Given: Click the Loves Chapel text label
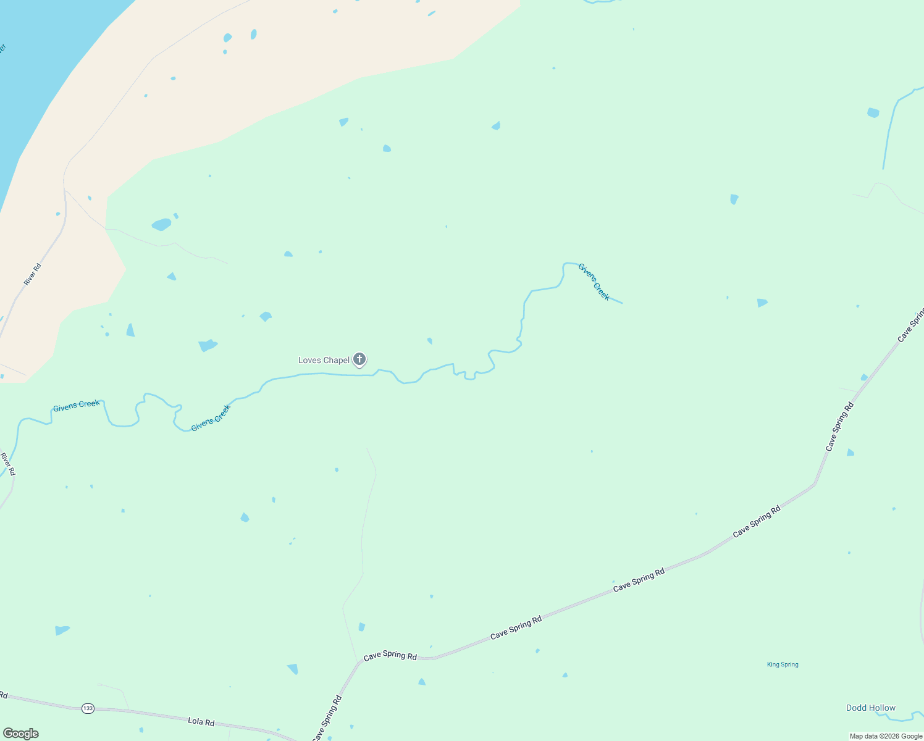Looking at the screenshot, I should [x=324, y=360].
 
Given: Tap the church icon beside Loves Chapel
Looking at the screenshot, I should [x=359, y=359].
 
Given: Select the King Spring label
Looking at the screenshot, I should [x=783, y=664].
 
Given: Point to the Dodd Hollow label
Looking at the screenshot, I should [x=870, y=708].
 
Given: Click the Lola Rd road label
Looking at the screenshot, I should [x=201, y=721].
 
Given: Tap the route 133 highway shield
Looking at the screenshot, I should [x=88, y=708].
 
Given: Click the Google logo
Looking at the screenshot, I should [x=21, y=734].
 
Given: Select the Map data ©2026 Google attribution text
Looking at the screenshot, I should [x=886, y=736].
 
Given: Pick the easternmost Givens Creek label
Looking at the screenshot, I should [x=594, y=282].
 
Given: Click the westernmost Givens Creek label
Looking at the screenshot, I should [x=76, y=406].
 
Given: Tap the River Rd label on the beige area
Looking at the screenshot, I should [x=33, y=274].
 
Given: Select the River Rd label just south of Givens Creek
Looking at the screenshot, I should [x=8, y=464].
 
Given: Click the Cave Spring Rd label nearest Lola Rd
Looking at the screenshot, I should [x=327, y=719].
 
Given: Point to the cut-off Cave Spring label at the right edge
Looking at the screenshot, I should [x=910, y=326].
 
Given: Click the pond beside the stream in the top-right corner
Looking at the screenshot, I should [x=873, y=112].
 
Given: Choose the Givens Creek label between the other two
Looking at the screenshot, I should [x=211, y=418].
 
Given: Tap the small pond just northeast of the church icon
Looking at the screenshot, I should [x=429, y=340].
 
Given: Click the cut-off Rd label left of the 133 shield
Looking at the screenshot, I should [x=3, y=695].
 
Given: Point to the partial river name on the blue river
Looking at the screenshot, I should [x=2, y=49].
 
